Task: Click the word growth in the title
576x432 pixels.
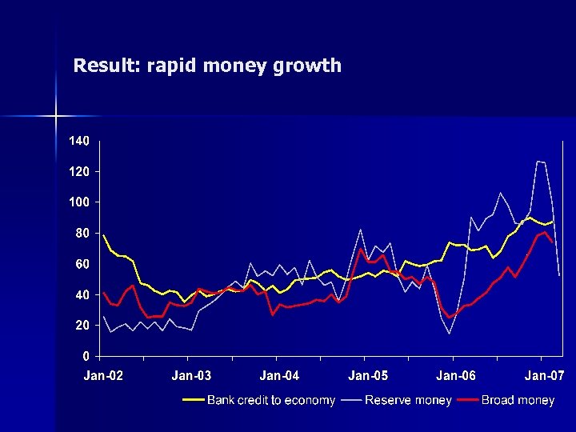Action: click(x=308, y=66)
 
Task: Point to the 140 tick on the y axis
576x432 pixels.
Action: click(x=78, y=141)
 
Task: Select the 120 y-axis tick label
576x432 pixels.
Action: click(x=78, y=171)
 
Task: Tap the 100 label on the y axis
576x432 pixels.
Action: click(x=78, y=202)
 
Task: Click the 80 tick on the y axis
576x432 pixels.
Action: click(x=81, y=234)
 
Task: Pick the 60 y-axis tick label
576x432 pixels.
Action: click(x=81, y=264)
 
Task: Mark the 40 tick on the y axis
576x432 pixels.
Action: click(x=81, y=295)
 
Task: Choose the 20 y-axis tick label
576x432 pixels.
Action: click(x=81, y=326)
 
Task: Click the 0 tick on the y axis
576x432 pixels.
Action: click(x=85, y=356)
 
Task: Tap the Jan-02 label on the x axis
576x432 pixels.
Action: click(x=104, y=376)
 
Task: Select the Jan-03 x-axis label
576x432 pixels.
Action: click(x=192, y=376)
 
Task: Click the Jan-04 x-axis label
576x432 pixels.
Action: click(x=280, y=376)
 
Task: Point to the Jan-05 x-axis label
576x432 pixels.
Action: click(x=368, y=376)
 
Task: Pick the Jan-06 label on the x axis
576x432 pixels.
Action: click(x=456, y=376)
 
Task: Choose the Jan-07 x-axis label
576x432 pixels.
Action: click(x=544, y=376)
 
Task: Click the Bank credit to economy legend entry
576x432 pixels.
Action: click(x=270, y=400)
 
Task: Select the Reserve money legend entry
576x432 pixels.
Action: click(x=408, y=400)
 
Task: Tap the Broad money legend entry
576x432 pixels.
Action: click(x=518, y=400)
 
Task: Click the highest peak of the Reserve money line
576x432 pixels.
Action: click(x=538, y=162)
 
